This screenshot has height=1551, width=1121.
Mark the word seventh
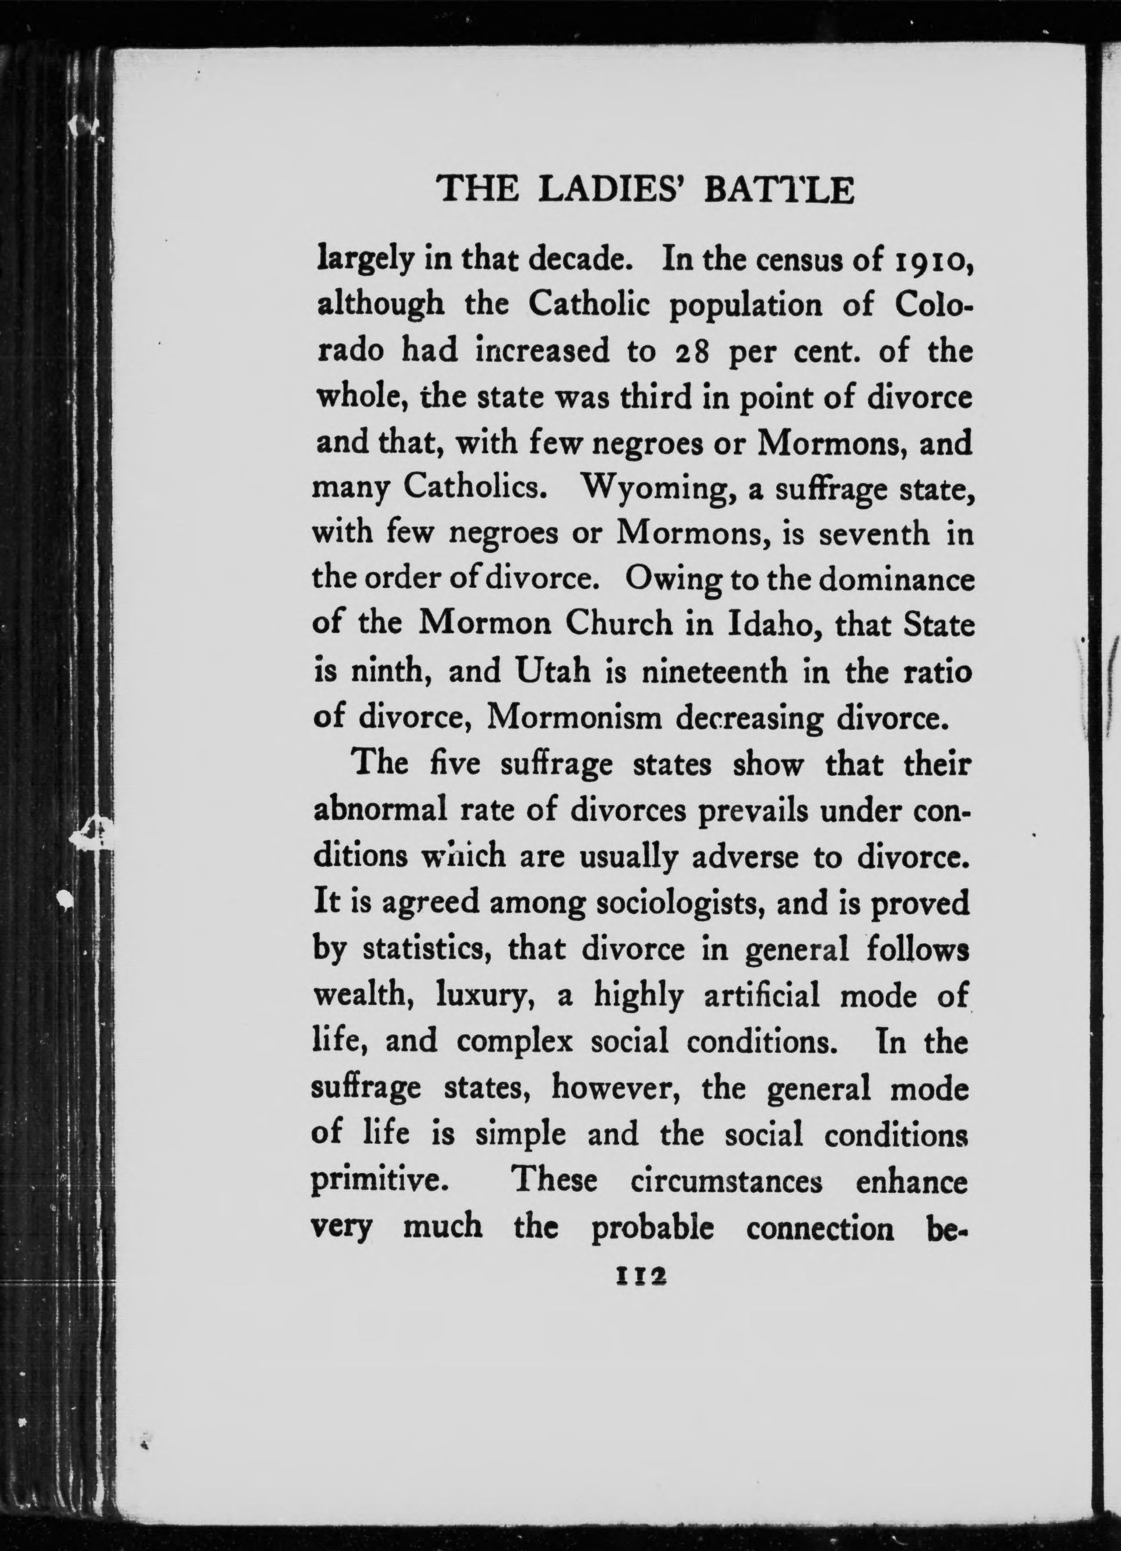[x=876, y=534]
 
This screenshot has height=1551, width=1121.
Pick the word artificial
[x=761, y=996]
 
